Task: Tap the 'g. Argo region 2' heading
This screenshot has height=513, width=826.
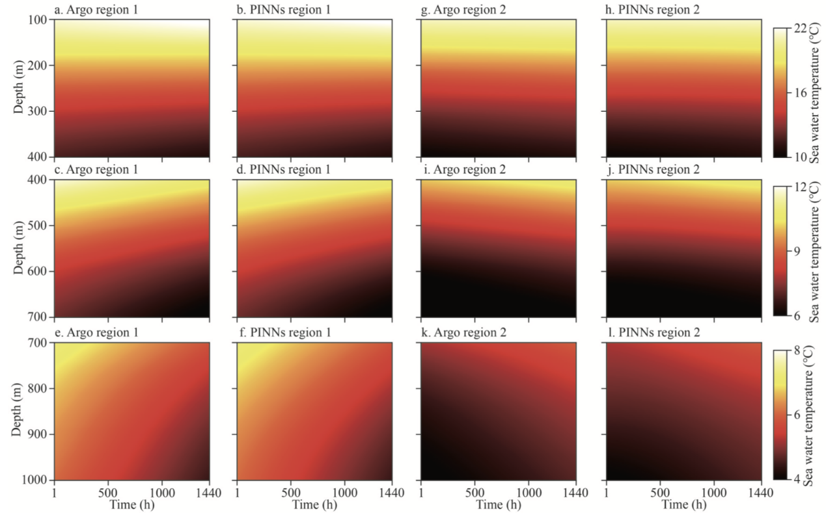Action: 463,10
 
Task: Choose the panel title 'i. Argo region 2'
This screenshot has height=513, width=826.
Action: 462,170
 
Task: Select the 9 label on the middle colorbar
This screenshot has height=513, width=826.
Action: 797,251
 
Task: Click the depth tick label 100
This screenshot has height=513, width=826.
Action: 37,20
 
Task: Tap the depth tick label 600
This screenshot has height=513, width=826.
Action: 37,271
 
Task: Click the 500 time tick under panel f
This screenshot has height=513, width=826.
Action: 290,493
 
